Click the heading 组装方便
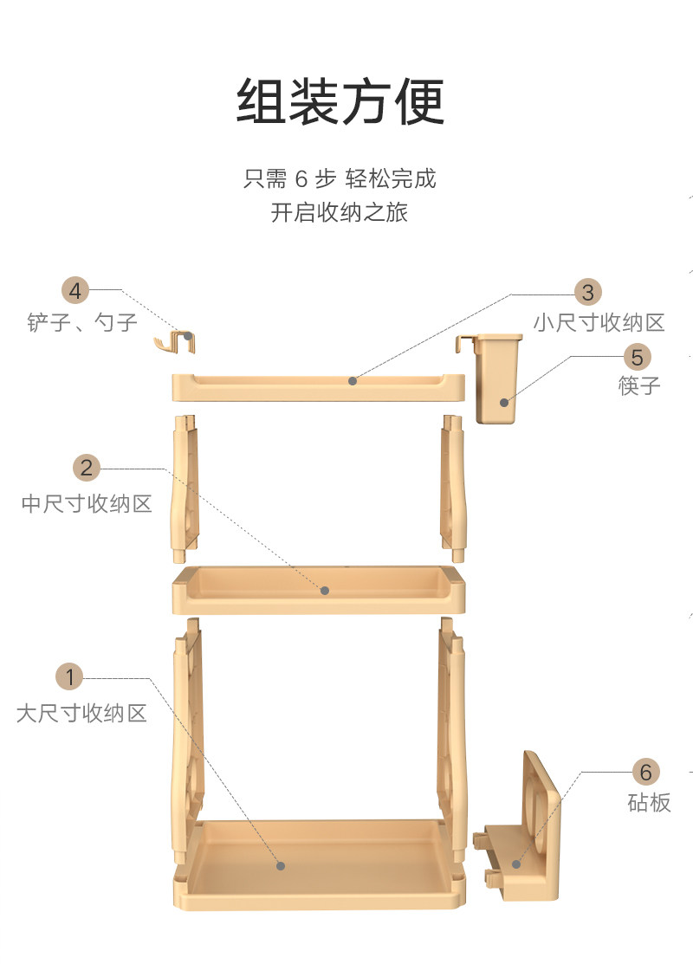pos(340,102)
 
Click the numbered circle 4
pos(75,290)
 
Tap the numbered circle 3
pos(588,291)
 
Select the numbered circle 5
pos(637,356)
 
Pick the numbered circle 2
pos(87,469)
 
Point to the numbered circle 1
pos(70,676)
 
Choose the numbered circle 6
pos(645,771)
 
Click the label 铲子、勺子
pos(82,323)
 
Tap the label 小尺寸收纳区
pos(599,323)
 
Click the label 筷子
pos(639,386)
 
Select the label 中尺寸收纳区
pos(87,503)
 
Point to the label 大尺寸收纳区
pos(81,713)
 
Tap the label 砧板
pos(649,803)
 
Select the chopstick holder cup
pos(496,381)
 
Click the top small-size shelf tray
pos(319,386)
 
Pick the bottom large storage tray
pos(319,862)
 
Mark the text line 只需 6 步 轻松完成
pos(340,179)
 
